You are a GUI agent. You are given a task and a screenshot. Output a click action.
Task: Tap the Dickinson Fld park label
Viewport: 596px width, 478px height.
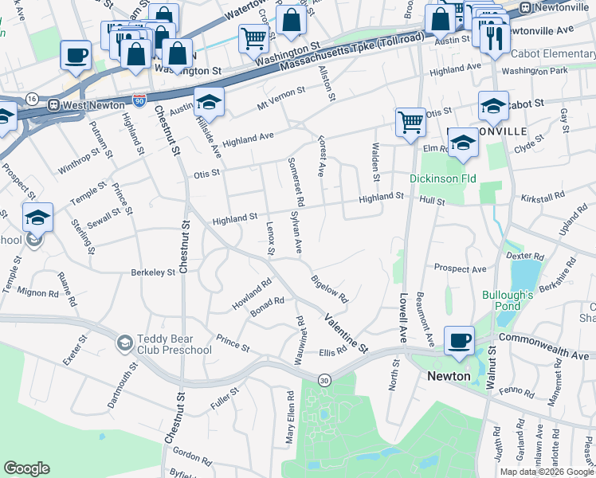pyautogui.click(x=443, y=178)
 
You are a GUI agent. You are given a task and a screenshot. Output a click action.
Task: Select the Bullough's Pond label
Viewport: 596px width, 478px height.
pyautogui.click(x=507, y=300)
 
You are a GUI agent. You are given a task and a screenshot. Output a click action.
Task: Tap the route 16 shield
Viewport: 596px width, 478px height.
pyautogui.click(x=32, y=98)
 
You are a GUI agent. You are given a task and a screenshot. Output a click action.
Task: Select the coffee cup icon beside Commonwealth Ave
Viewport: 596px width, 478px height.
pyautogui.click(x=458, y=339)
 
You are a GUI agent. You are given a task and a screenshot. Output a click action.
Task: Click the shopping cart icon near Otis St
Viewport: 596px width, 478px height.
pyautogui.click(x=410, y=122)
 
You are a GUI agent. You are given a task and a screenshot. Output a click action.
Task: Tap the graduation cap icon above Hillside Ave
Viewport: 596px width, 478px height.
pyautogui.click(x=209, y=101)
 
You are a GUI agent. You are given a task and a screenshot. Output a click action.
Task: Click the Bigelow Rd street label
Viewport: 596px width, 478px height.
pyautogui.click(x=330, y=288)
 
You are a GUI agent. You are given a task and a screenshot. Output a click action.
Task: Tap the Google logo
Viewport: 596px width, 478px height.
pyautogui.click(x=27, y=468)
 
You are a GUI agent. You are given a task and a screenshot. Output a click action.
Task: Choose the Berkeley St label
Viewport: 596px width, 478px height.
pyautogui.click(x=153, y=272)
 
